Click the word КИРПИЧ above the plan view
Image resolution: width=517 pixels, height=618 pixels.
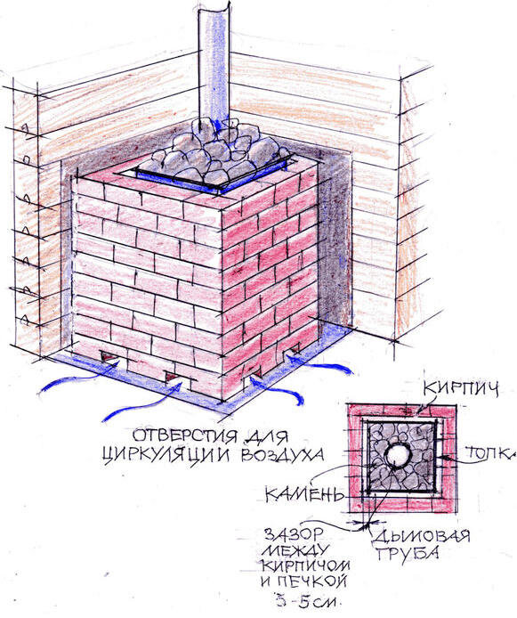(461, 389)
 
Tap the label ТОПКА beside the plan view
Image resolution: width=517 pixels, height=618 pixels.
(489, 453)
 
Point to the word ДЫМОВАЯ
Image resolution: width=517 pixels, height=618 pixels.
(421, 537)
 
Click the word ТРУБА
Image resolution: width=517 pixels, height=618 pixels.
(408, 554)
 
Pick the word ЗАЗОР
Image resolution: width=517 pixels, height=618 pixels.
(293, 535)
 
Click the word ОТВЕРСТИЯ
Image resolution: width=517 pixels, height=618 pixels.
(185, 436)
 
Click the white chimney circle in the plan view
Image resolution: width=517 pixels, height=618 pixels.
(398, 455)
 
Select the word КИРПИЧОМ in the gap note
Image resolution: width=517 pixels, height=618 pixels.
(306, 566)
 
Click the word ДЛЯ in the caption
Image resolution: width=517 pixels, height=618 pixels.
(267, 436)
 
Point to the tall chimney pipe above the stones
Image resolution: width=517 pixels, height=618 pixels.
(214, 63)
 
